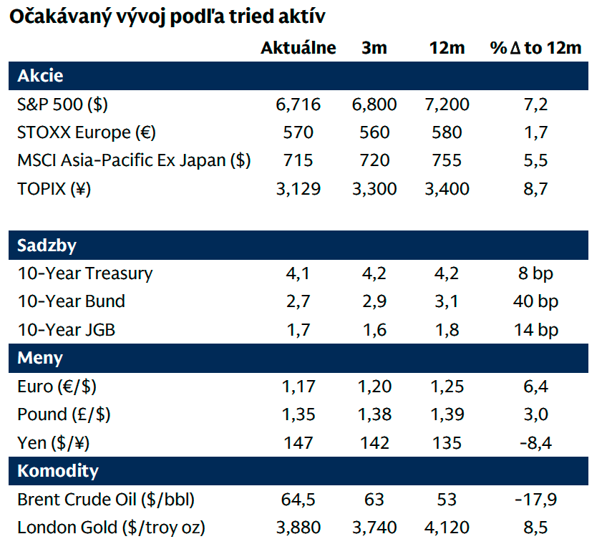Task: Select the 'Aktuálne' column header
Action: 298,48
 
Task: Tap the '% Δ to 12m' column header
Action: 535,48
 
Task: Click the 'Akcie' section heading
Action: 40,75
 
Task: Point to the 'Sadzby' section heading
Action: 47,246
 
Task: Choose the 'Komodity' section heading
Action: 58,471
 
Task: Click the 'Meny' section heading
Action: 40,358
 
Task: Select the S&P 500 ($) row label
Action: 62,105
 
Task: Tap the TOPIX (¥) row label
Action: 54,189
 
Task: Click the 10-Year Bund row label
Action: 71,301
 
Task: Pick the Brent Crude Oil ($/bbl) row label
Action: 106,499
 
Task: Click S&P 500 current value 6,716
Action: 298,105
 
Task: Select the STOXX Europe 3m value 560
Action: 374,132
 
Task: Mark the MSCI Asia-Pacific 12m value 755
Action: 447,160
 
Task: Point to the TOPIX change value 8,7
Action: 535,189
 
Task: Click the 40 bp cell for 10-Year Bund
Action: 535,301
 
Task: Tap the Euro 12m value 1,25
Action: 447,387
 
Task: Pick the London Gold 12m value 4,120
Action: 447,528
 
